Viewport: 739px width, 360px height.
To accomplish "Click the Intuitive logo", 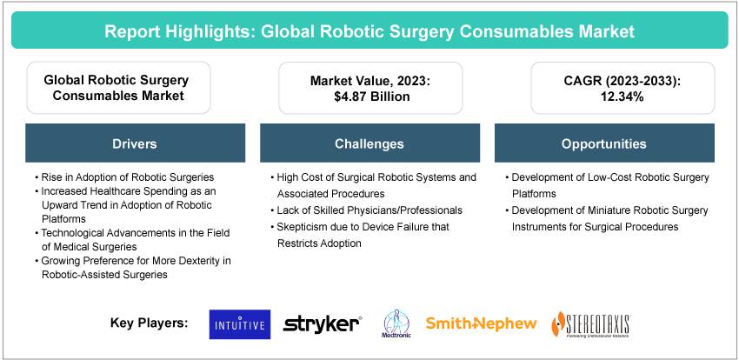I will (x=240, y=324).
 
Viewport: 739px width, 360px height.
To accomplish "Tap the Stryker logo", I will (x=323, y=324).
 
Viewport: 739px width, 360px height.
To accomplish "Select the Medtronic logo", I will (x=393, y=324).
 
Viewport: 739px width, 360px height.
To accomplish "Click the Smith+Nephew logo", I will (x=481, y=324).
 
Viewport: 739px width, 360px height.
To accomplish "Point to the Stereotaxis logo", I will (x=591, y=324).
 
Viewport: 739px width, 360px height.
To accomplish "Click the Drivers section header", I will (x=134, y=143).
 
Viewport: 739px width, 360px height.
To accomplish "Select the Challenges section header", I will (x=369, y=143).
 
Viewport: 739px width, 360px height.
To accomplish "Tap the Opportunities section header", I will (x=604, y=143).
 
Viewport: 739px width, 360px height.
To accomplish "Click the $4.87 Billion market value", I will (x=369, y=97).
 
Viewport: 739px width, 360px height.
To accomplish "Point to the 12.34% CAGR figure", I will (x=604, y=97).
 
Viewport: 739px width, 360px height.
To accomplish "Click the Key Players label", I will (x=148, y=323).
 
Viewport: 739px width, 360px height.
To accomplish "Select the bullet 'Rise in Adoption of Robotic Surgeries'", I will (x=125, y=177).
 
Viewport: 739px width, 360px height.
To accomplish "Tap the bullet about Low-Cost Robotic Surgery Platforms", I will (x=609, y=185).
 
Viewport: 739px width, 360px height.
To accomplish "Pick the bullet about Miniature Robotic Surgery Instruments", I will (x=609, y=218).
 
